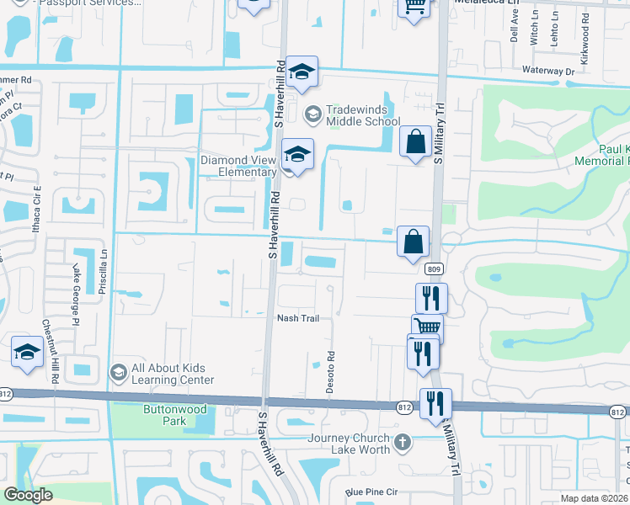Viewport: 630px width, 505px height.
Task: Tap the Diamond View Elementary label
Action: pos(238,166)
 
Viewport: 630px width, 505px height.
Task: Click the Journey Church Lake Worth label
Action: pos(349,443)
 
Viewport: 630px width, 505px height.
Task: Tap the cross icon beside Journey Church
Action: pos(403,441)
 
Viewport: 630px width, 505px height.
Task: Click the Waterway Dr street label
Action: pos(547,72)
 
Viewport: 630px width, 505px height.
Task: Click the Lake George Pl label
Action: pos(75,284)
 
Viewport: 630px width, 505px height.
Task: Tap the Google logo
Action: pos(29,495)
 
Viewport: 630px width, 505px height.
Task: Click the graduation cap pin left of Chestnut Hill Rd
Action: pos(28,353)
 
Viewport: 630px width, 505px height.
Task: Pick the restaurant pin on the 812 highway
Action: pos(435,402)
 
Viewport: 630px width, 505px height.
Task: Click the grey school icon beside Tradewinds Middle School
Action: pos(312,113)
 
